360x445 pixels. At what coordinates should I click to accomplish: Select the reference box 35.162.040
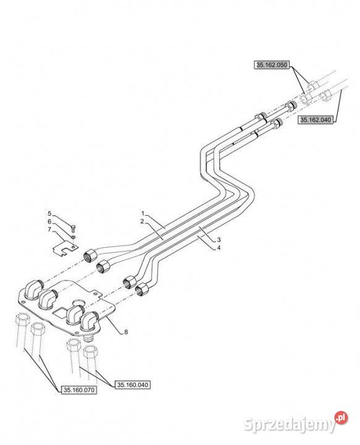[316, 120]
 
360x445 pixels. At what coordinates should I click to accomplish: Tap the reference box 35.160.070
[78, 390]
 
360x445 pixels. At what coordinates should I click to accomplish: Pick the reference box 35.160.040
[133, 385]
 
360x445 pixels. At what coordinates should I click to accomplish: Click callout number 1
[143, 213]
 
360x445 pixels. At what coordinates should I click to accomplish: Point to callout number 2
[142, 221]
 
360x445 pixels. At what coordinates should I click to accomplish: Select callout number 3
[219, 240]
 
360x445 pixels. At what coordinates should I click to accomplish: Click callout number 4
[219, 248]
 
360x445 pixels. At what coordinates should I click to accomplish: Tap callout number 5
[49, 213]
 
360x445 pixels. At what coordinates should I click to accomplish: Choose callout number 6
[49, 221]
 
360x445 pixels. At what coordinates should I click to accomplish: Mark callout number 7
[49, 229]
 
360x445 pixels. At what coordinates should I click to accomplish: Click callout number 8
[126, 331]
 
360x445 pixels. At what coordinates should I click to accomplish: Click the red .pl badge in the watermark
[341, 417]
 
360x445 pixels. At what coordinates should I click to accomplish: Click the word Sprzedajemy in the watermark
[290, 425]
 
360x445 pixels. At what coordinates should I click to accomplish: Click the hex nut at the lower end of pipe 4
[141, 290]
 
